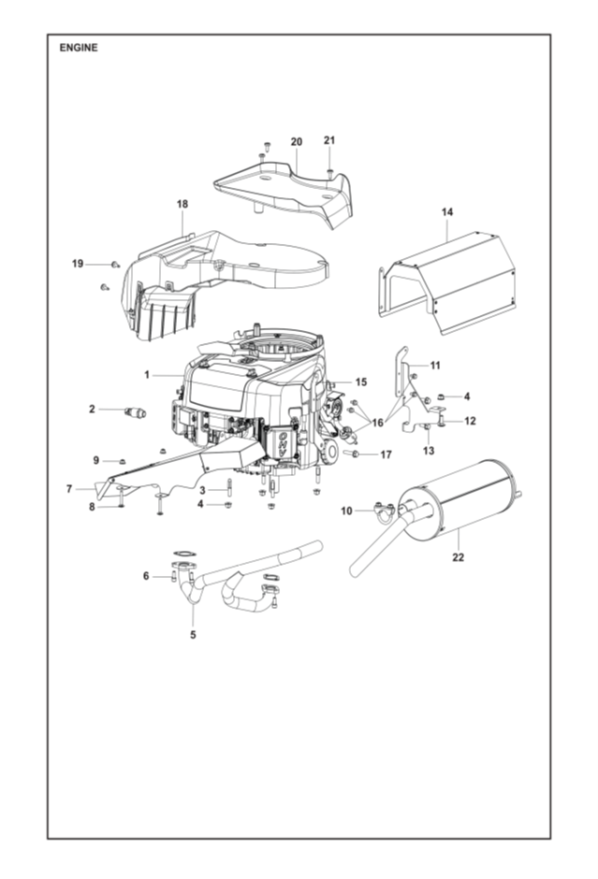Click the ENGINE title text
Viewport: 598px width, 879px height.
pos(79,48)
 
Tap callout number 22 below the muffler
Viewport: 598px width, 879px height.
pos(459,557)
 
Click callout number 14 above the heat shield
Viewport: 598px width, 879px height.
pos(447,212)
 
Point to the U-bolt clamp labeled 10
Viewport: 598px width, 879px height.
pos(384,511)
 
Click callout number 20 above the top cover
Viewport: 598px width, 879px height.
pos(297,141)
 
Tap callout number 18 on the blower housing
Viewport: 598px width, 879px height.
pos(182,204)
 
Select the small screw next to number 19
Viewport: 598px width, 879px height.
pos(116,264)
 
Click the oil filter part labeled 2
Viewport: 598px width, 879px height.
pos(135,412)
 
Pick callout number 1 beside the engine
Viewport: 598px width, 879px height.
pos(147,374)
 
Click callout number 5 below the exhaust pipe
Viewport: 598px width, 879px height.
pos(193,635)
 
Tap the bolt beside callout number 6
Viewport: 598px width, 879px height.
pos(174,576)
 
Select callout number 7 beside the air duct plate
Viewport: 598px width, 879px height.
pos(69,489)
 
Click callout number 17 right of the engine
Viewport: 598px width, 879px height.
pos(386,454)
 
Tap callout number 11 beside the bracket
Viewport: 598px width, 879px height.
pos(435,366)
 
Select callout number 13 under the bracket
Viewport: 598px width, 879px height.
pos(429,450)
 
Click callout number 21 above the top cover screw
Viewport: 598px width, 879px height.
pos(329,140)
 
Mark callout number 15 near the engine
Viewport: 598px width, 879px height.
pos(361,382)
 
